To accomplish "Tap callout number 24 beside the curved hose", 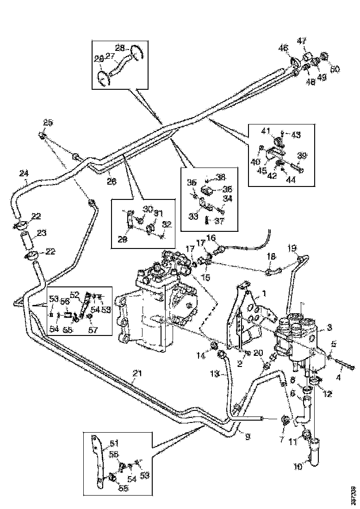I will [24, 173].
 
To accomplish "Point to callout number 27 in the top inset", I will [110, 56].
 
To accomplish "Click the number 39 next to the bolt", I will [302, 155].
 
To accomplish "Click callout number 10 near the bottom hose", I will [298, 467].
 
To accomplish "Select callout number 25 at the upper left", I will [49, 123].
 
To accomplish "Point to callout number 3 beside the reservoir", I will [329, 327].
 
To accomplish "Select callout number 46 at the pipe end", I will [283, 48].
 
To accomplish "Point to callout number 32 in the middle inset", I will [166, 224].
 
